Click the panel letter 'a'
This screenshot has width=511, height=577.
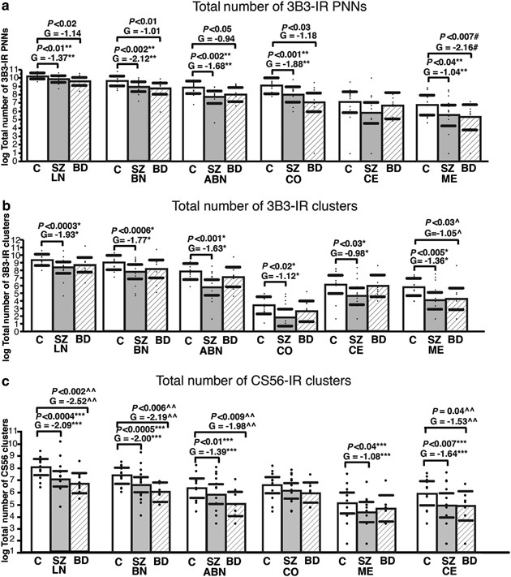[6, 7]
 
